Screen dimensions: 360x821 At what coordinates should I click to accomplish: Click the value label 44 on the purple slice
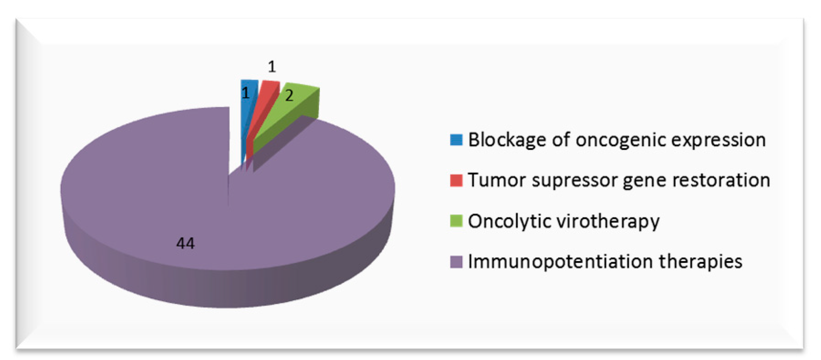pos(185,243)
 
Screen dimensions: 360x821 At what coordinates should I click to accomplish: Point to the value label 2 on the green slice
pos(289,96)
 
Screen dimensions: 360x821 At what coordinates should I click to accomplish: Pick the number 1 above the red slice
pos(272,67)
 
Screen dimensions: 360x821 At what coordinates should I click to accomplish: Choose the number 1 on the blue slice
pos(245,93)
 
